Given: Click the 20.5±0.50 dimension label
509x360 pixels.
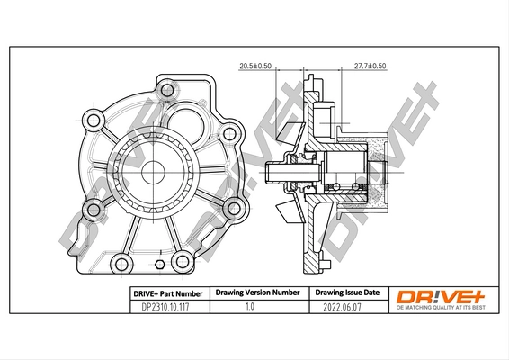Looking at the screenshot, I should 256,67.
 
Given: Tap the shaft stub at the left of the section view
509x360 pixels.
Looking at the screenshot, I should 278,171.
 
